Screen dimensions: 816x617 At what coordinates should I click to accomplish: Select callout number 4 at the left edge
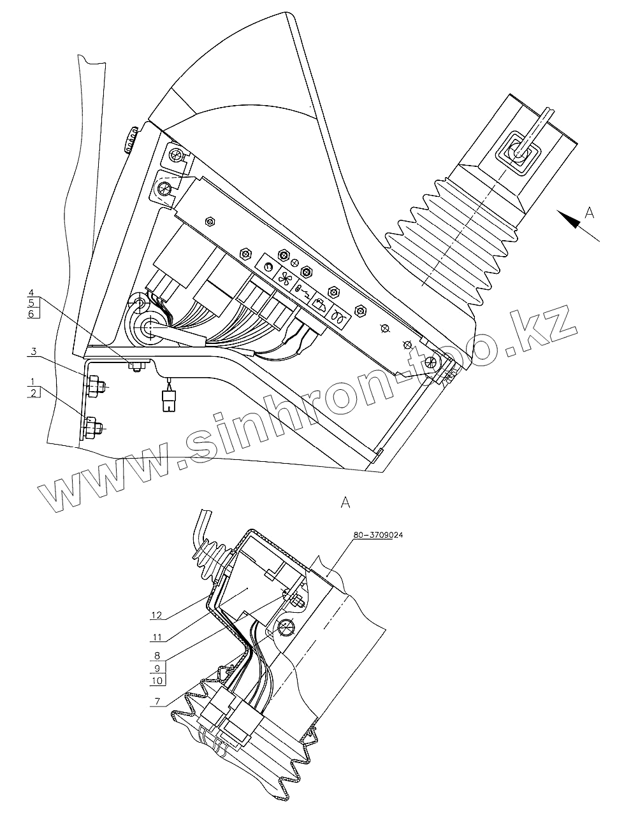(31, 294)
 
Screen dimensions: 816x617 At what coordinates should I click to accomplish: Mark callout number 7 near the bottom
(157, 702)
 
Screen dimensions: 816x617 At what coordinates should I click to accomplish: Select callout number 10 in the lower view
(157, 680)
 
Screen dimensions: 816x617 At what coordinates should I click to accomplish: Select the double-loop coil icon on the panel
(339, 317)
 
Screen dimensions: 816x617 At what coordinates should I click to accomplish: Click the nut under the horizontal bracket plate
(135, 366)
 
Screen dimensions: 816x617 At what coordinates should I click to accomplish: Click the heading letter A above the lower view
(345, 503)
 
